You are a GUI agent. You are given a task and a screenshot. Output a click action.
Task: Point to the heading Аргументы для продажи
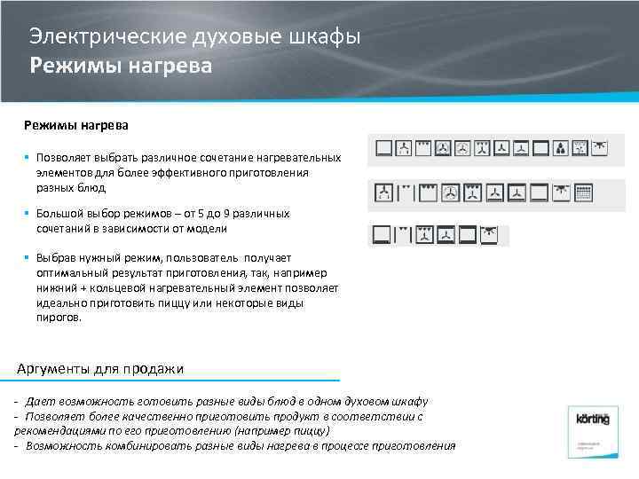(x=100, y=369)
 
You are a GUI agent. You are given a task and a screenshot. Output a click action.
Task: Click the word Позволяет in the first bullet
(x=61, y=157)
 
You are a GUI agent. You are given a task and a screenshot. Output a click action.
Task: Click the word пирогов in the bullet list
(x=59, y=317)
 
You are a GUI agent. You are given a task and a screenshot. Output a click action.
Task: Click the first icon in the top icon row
(x=383, y=148)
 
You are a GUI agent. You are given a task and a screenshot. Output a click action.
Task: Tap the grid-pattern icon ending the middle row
(x=583, y=192)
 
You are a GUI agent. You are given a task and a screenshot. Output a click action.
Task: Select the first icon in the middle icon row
(x=383, y=192)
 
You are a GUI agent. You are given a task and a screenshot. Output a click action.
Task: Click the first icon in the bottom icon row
(x=382, y=235)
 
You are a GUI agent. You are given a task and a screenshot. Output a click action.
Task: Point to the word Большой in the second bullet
(x=58, y=214)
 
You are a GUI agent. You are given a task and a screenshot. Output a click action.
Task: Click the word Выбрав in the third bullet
(x=55, y=256)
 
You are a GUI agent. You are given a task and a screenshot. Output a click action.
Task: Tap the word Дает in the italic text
(x=38, y=401)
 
